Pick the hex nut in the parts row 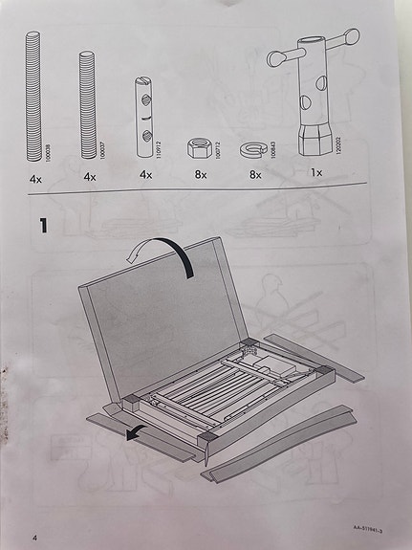pos(199,148)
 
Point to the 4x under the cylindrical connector pos(145,177)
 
